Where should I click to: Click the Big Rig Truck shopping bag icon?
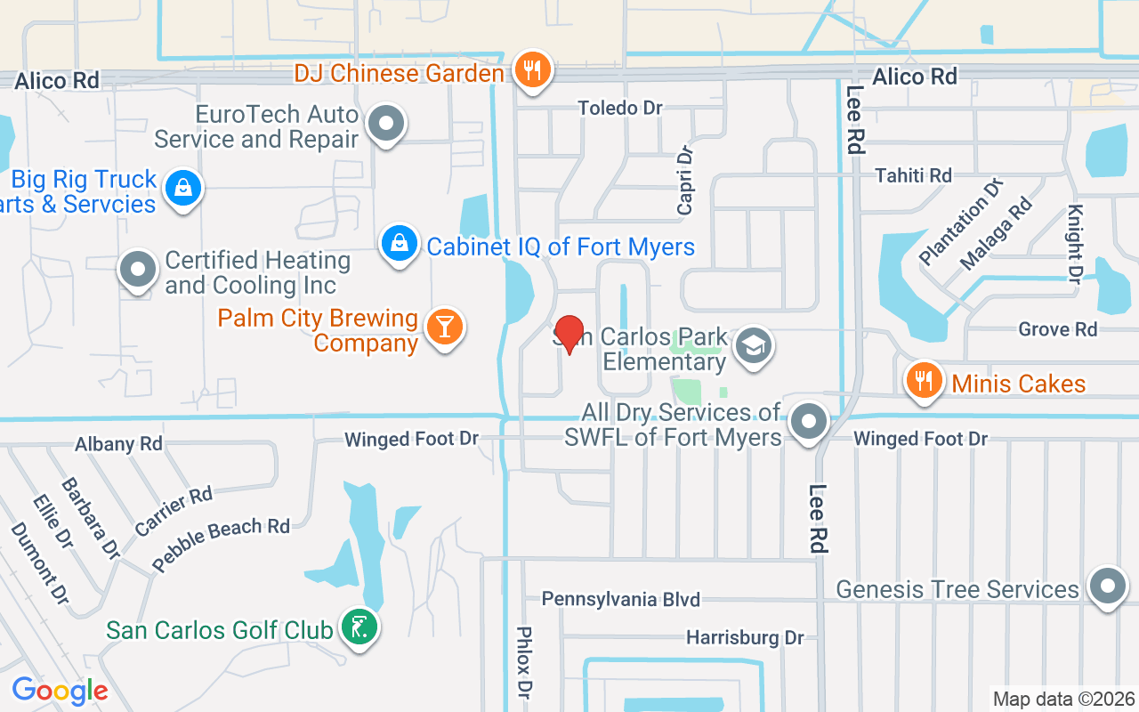pos(183,188)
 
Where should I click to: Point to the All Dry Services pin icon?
pos(809,422)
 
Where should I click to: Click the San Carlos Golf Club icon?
pos(359,628)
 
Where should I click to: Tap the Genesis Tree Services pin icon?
pos(1108,587)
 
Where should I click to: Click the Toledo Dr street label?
pos(620,108)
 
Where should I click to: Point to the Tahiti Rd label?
pos(913,175)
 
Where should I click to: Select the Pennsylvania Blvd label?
pos(620,599)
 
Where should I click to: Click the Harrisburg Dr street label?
pos(744,637)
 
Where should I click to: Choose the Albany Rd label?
pos(118,443)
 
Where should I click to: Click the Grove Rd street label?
pos(1058,329)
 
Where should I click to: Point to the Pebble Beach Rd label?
pos(221,544)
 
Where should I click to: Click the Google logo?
pos(60,691)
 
